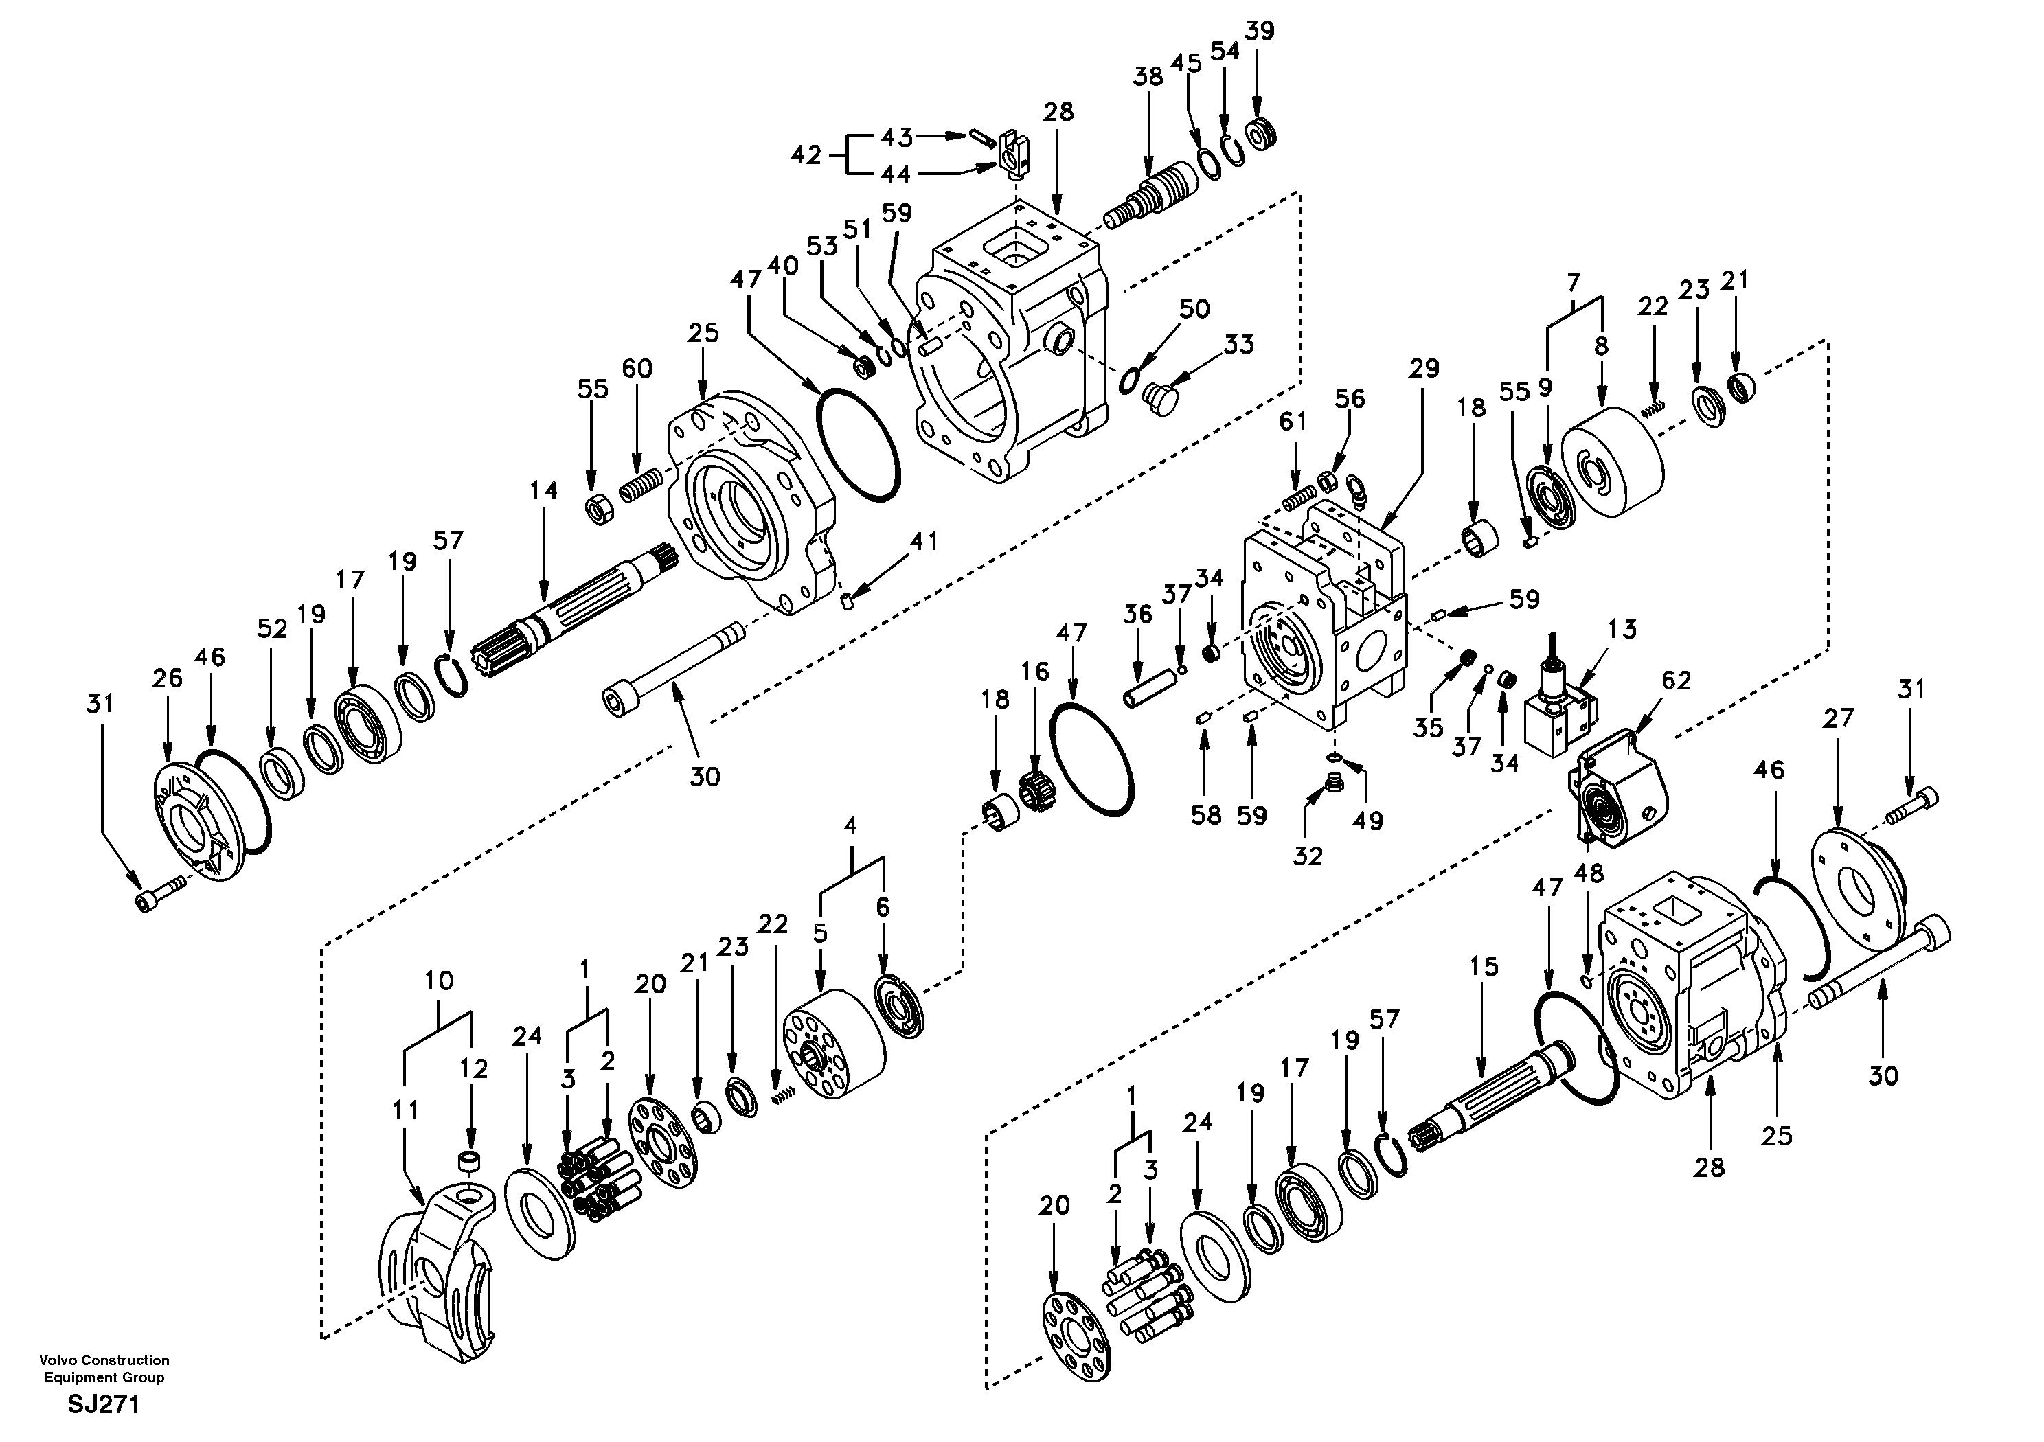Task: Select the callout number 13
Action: tap(1623, 629)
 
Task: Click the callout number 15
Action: tap(1484, 965)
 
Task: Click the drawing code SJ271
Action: tap(104, 1406)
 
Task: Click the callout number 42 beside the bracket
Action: tap(806, 155)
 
